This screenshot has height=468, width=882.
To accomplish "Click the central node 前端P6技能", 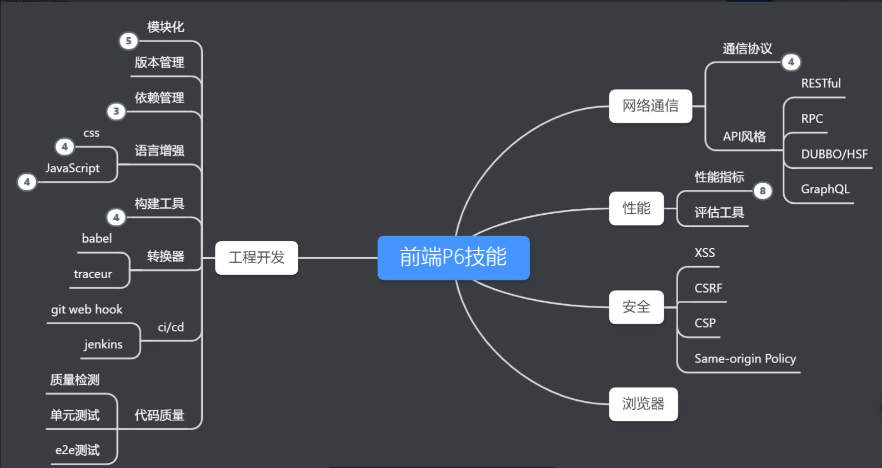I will click(x=453, y=258).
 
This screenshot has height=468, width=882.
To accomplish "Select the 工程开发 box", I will click(x=257, y=258).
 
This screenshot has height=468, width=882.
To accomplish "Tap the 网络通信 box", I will click(x=650, y=106).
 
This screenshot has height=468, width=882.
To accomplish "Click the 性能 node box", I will click(x=636, y=208).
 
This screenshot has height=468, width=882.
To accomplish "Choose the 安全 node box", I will click(x=636, y=307).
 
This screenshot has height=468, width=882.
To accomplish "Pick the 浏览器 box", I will click(x=643, y=404).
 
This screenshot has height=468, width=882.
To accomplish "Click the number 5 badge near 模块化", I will click(x=128, y=41).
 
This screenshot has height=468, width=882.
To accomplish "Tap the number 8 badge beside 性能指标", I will click(x=763, y=191).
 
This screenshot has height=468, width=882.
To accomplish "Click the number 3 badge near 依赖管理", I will click(x=116, y=111).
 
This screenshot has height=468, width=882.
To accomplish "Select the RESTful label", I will click(x=820, y=83).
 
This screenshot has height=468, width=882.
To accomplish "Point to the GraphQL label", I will click(x=825, y=189).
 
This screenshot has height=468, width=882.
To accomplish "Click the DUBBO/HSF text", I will click(x=834, y=154).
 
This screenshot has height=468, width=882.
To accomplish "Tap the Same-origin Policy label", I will click(x=745, y=359).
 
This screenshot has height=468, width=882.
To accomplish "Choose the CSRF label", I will click(x=708, y=288).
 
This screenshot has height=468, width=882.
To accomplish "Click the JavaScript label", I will click(x=73, y=168).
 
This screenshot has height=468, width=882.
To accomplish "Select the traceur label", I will click(x=93, y=274).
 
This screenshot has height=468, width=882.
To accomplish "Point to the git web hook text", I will click(x=87, y=309).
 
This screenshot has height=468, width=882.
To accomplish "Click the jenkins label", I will click(x=103, y=344).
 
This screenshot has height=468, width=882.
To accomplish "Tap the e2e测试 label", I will click(x=77, y=450).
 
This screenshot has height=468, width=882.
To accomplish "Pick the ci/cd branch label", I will click(x=171, y=327).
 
